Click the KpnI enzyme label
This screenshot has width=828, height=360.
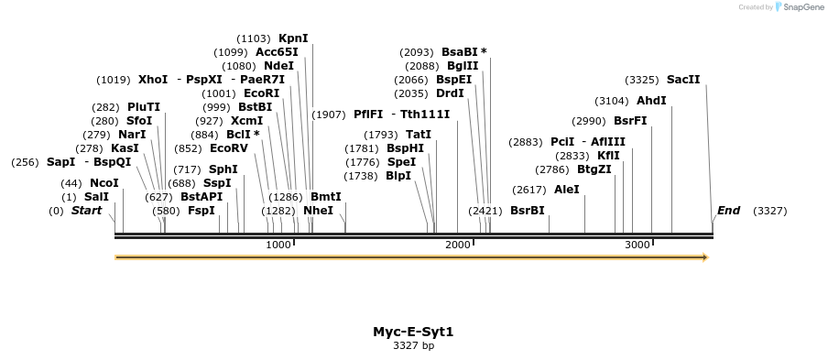click(x=293, y=38)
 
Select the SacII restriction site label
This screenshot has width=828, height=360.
click(x=683, y=80)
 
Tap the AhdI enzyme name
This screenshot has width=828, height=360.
click(x=651, y=101)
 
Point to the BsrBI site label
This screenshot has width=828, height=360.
click(x=528, y=211)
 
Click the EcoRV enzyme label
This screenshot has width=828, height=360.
click(x=229, y=148)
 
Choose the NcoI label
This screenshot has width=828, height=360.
click(x=104, y=183)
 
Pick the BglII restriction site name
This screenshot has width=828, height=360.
click(x=462, y=66)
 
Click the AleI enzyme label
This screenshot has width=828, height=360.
click(x=567, y=190)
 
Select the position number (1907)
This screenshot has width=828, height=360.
click(x=329, y=115)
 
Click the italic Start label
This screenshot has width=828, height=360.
click(x=86, y=211)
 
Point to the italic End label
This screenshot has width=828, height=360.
click(x=729, y=211)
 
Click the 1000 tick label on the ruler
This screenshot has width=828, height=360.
click(x=278, y=245)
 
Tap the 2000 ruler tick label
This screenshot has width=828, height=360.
click(x=457, y=245)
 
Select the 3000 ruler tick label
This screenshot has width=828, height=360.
click(x=637, y=245)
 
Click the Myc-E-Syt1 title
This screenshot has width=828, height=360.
click(x=413, y=332)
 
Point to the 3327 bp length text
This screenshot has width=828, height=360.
click(x=413, y=345)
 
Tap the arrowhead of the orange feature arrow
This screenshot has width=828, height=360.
click(x=705, y=257)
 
